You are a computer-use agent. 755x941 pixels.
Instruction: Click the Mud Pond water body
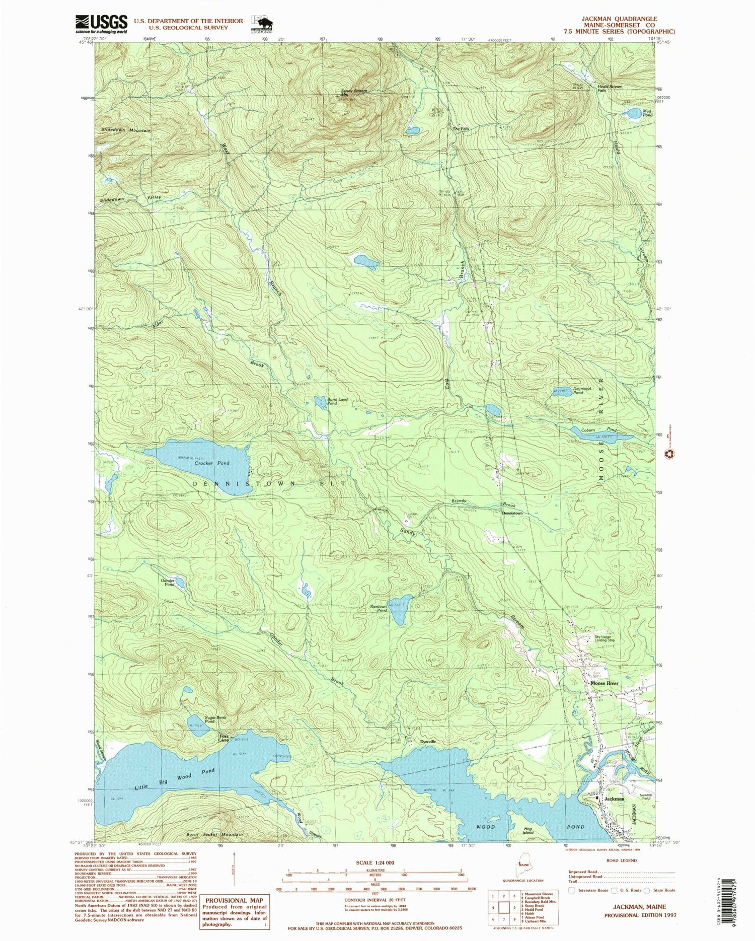[633, 113]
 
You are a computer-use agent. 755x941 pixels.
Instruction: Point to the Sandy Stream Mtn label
[354, 93]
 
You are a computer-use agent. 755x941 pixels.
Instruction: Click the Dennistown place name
[512, 513]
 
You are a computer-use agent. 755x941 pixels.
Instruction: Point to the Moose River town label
[604, 683]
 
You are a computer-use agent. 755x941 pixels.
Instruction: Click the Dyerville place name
[428, 742]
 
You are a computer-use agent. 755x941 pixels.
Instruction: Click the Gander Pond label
[168, 582]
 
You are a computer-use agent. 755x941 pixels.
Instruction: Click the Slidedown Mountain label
[126, 130]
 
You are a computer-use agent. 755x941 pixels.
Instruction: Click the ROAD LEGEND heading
[622, 861]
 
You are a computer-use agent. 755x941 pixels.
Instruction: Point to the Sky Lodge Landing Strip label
[604, 639]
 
